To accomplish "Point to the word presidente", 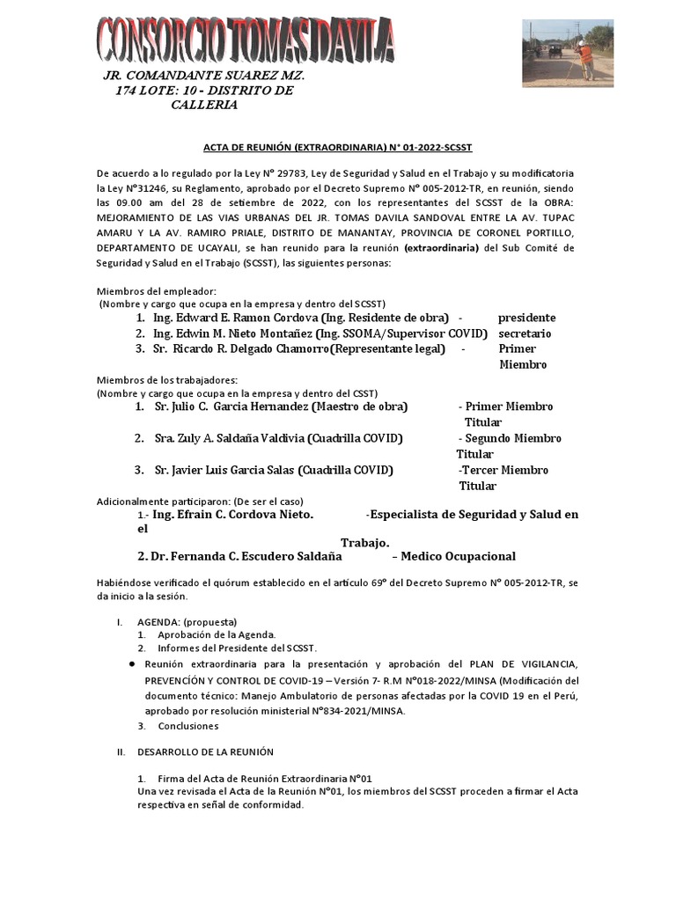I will tap(526, 317).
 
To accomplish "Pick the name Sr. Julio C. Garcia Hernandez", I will tap(231, 407).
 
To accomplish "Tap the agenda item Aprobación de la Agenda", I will tap(216, 634).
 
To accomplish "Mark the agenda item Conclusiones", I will tap(188, 726).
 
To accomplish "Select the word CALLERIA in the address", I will tap(204, 105).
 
